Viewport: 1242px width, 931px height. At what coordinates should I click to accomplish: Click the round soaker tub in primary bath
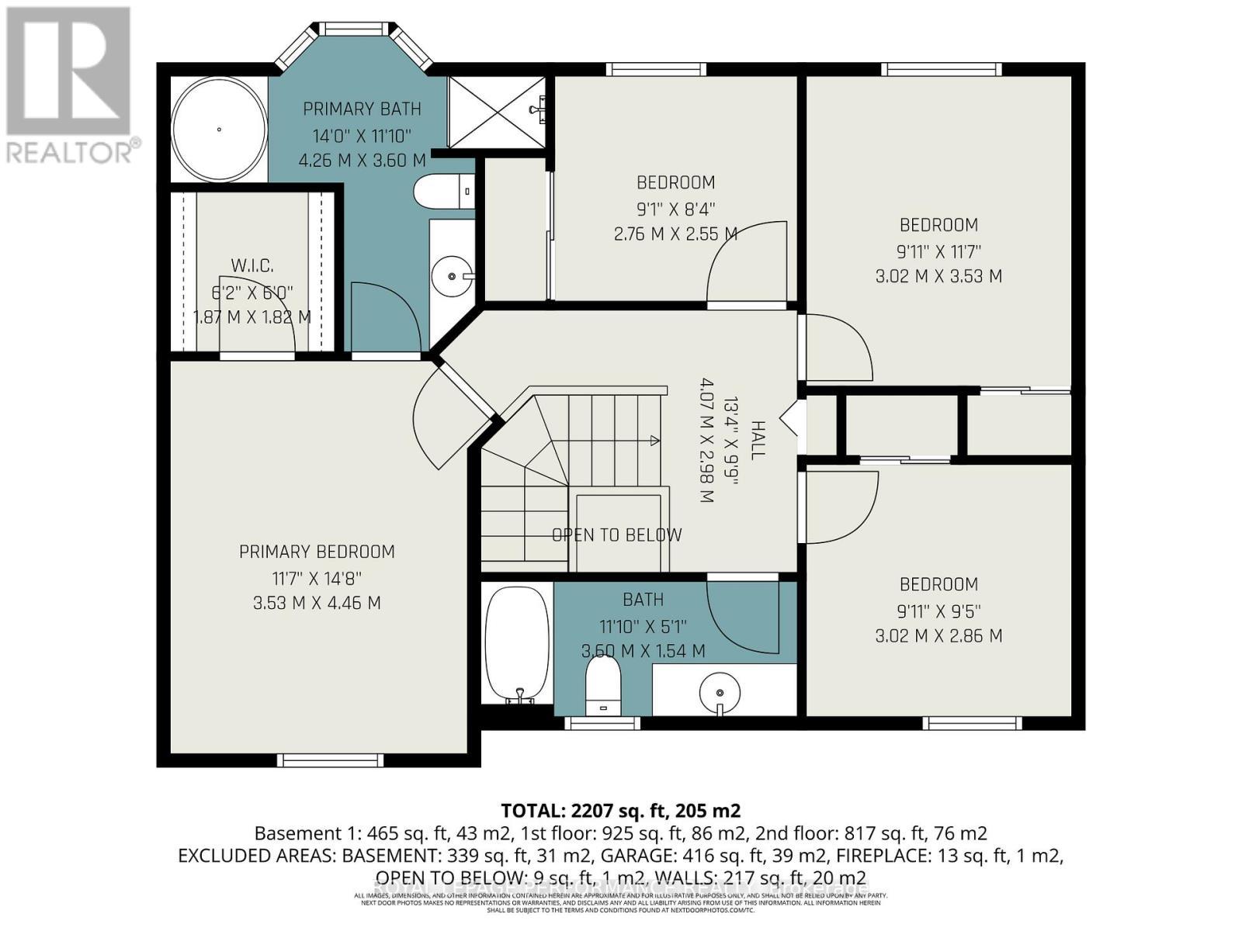(x=219, y=130)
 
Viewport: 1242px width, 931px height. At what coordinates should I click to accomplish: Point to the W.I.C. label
(x=252, y=266)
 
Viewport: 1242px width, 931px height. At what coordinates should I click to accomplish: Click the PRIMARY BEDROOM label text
(x=317, y=552)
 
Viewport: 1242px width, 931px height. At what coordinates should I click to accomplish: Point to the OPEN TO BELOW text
(x=616, y=535)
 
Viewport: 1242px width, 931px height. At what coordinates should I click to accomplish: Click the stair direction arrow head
(x=654, y=441)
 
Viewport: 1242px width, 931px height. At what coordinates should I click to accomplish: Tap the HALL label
(x=758, y=440)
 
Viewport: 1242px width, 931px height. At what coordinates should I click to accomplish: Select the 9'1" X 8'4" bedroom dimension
(x=675, y=209)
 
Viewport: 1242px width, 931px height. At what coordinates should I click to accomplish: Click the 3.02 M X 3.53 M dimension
(x=938, y=276)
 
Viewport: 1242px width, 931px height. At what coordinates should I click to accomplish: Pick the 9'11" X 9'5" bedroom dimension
(x=938, y=611)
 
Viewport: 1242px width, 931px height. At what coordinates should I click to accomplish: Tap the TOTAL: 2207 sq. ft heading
(x=620, y=811)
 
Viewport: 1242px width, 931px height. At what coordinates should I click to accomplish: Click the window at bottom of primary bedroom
(x=331, y=760)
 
